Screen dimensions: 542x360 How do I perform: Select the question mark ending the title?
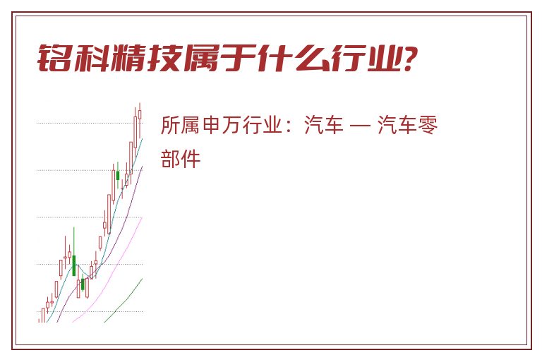(x=410, y=58)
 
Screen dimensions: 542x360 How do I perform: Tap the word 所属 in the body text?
(x=180, y=125)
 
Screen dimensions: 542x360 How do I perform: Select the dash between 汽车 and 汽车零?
(x=360, y=125)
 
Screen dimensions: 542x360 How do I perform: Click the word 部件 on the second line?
(x=181, y=159)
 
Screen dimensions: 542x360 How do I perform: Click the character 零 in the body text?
(x=428, y=125)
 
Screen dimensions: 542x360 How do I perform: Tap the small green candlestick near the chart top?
(x=118, y=175)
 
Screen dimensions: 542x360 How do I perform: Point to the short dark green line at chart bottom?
(x=124, y=300)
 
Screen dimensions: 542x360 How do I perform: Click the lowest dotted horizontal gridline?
(x=90, y=311)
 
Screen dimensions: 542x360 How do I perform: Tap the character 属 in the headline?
(x=201, y=58)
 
